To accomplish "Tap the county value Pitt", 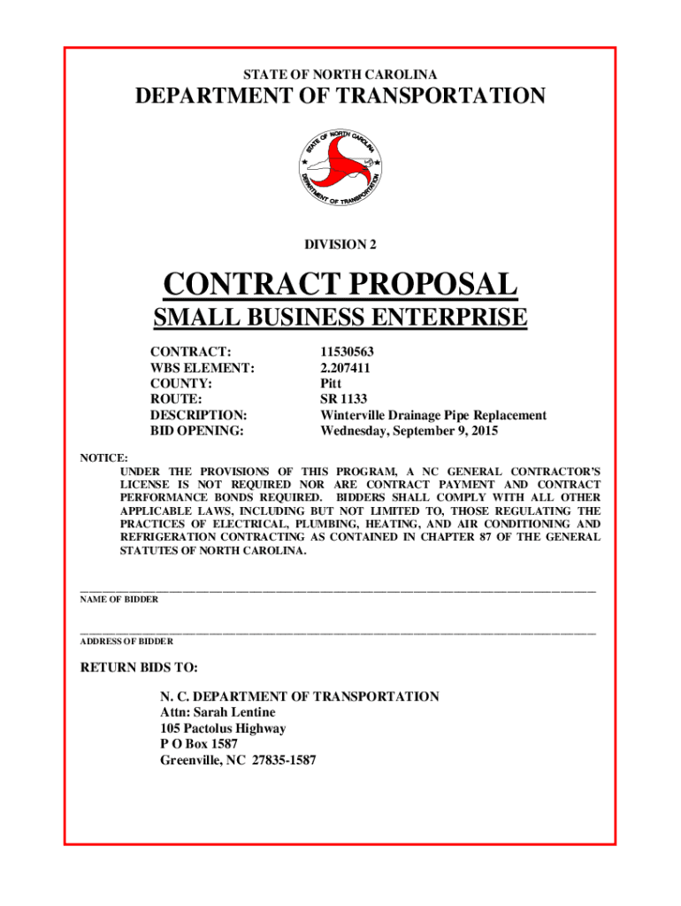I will tap(331, 384).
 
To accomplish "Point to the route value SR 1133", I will tap(343, 400).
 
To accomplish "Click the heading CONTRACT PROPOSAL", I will tap(340, 285).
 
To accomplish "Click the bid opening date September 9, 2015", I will tap(442, 432).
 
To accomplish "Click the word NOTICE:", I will tap(104, 457).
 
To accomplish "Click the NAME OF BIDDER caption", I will tap(119, 599).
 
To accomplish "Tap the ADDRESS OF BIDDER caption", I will tap(126, 641).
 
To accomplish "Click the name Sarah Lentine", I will tap(234, 712).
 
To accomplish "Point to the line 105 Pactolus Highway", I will tap(223, 728).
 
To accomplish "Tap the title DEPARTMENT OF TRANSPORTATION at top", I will tap(340, 96).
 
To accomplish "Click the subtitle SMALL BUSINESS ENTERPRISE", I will tap(340, 317).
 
